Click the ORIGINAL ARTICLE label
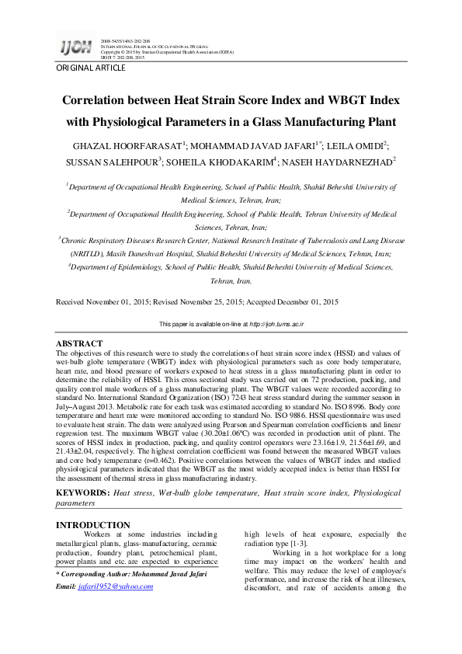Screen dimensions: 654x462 (91, 68)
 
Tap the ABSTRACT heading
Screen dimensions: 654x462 (79, 343)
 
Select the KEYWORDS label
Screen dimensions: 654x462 (82, 493)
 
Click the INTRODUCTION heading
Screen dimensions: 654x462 (93, 525)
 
